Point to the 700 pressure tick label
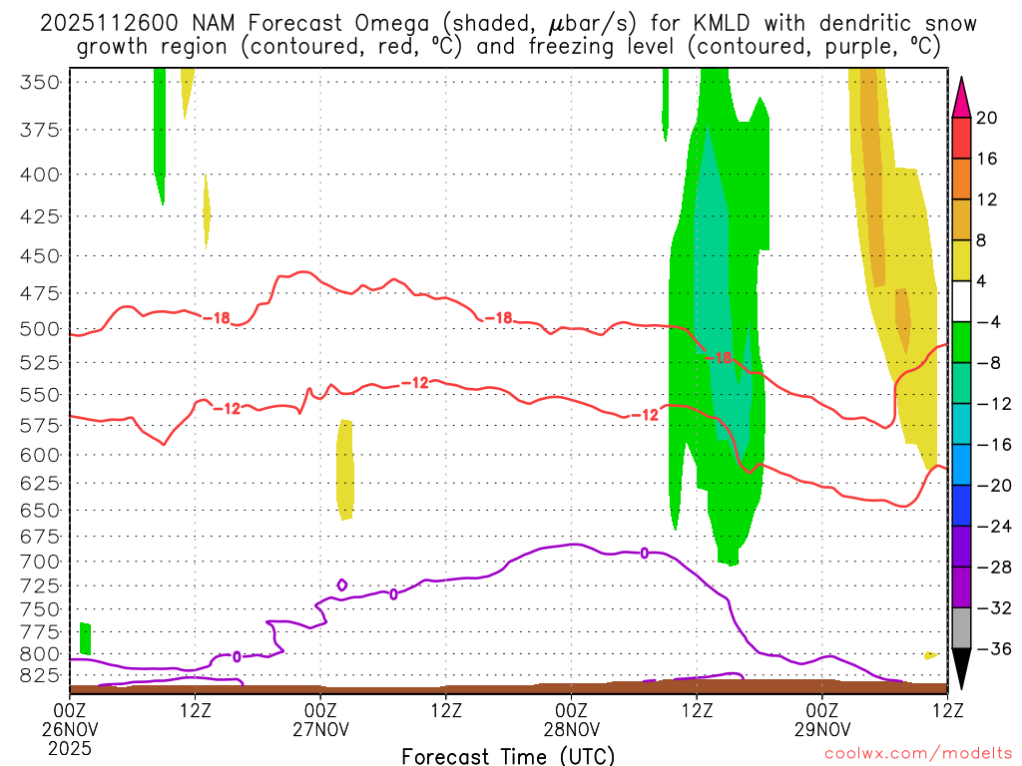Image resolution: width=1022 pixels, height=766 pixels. point(40,562)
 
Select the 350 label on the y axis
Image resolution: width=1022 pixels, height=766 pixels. point(40,82)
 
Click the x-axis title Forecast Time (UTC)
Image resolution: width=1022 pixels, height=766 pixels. point(508,755)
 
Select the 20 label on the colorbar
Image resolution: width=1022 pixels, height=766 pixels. point(987,118)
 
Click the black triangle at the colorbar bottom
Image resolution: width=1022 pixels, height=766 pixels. point(962,670)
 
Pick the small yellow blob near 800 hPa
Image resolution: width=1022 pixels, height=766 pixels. point(930,655)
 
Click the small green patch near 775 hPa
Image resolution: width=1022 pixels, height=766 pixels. point(86,637)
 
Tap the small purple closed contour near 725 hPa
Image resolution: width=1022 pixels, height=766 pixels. point(342,584)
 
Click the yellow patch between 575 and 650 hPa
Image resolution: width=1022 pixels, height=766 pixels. point(345,469)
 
